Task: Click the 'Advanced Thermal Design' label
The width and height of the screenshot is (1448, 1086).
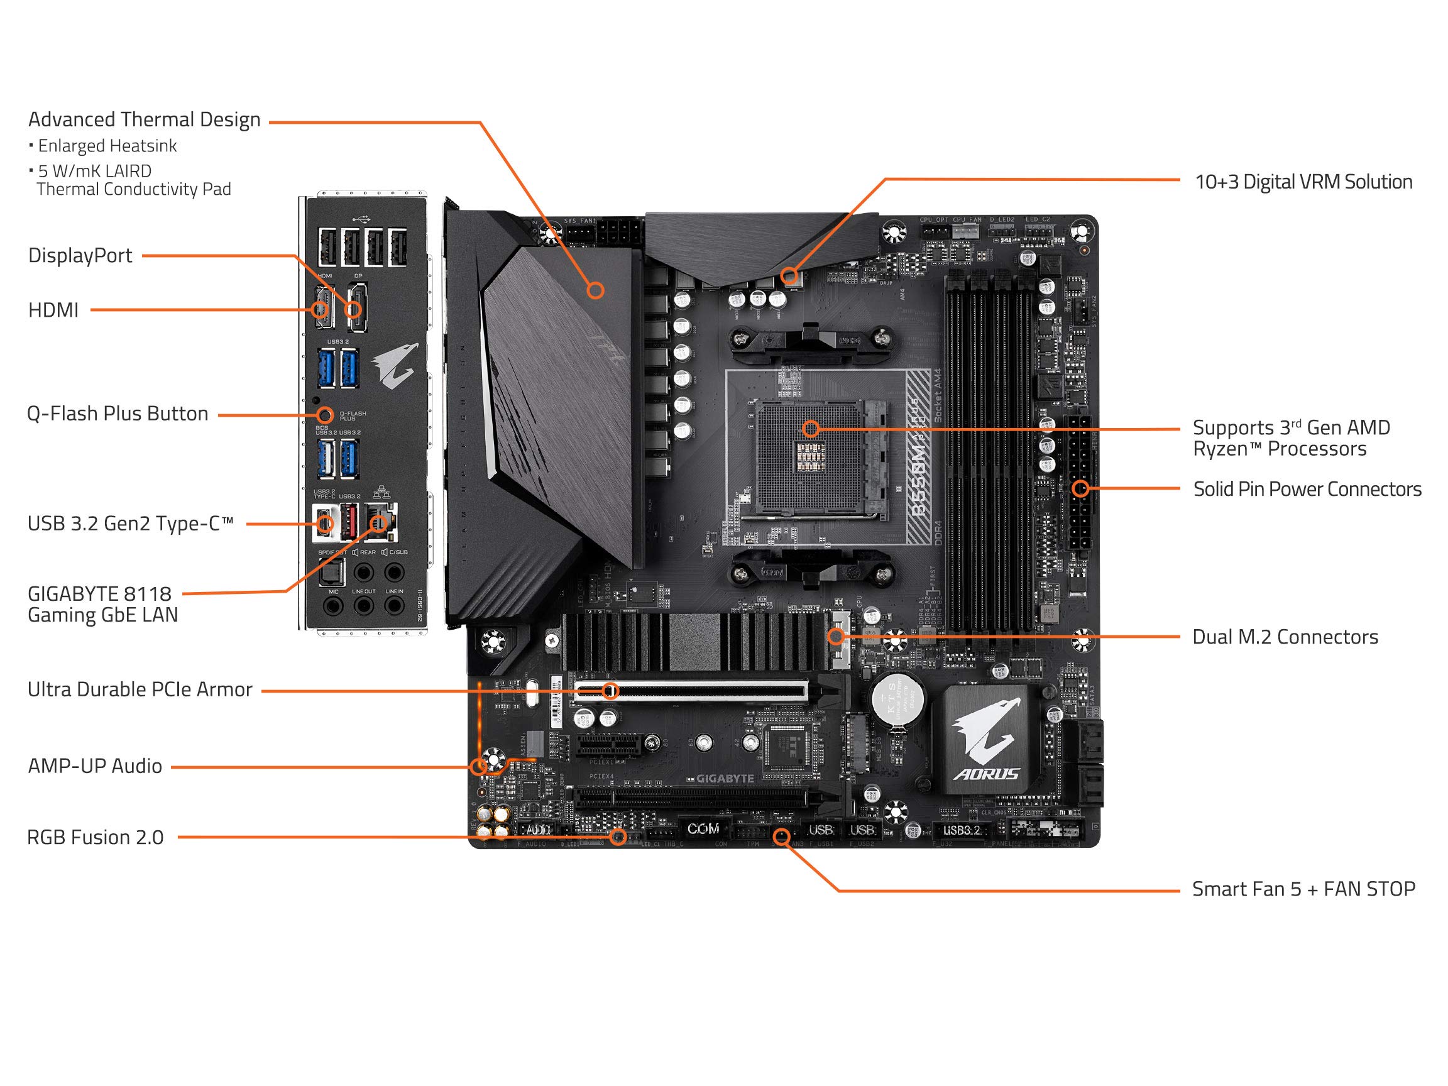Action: [144, 120]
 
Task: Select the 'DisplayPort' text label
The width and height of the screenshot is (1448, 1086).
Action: [80, 255]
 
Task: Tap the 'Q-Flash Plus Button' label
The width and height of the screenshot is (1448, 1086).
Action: [117, 414]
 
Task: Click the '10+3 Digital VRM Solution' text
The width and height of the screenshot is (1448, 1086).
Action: [1303, 182]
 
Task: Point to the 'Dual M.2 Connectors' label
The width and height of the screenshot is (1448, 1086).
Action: [1285, 637]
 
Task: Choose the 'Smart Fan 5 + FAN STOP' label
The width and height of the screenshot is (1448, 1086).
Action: [1303, 889]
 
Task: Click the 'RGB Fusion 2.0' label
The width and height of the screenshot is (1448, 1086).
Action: [95, 837]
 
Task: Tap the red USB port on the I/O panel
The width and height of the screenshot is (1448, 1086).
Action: [348, 521]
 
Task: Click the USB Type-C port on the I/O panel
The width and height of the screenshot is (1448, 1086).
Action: [325, 524]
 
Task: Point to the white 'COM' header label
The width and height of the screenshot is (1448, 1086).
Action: [703, 829]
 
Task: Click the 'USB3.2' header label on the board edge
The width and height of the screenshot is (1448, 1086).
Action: [961, 831]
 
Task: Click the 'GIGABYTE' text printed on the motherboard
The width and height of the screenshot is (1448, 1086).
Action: [725, 778]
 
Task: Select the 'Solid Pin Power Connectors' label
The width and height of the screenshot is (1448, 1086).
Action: [1307, 489]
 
